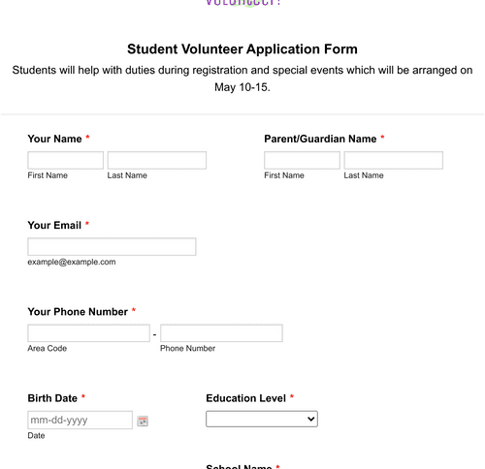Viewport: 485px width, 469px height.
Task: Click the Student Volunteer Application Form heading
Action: tap(242, 49)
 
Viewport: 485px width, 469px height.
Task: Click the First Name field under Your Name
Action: tap(65, 160)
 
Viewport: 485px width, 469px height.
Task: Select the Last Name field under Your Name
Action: tap(156, 160)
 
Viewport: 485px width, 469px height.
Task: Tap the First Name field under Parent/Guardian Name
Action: tap(302, 160)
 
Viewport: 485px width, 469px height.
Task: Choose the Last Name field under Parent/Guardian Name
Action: tap(393, 160)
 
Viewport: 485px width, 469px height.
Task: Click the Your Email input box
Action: tap(112, 246)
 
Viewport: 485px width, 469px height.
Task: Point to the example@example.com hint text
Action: tap(72, 262)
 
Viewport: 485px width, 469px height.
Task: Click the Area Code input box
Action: tap(88, 333)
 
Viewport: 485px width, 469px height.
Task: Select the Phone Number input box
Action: tap(221, 333)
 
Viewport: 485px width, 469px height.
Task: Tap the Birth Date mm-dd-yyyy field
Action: tap(80, 420)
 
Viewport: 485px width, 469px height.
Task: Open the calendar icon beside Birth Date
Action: tap(143, 421)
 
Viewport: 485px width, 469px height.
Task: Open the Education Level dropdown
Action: tap(262, 419)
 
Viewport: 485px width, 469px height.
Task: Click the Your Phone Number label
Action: tap(78, 312)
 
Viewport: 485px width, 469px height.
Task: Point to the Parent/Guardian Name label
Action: tap(320, 139)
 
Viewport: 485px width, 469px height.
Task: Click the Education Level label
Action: tap(245, 398)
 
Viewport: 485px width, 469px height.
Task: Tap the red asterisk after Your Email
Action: tap(87, 225)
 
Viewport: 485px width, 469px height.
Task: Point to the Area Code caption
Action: tap(48, 348)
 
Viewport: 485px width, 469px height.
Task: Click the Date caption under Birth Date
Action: tap(37, 435)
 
